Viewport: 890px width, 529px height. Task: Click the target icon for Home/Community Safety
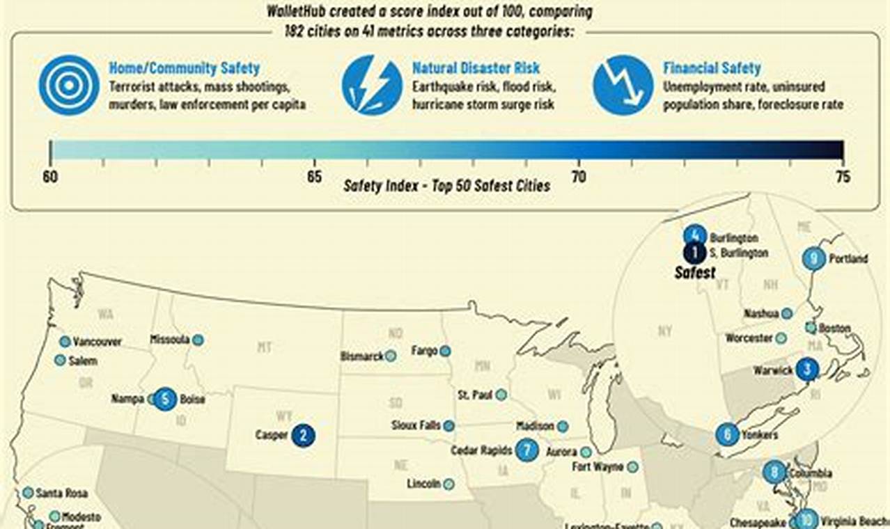coord(69,85)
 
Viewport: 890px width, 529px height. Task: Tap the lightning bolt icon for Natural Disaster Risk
coord(372,85)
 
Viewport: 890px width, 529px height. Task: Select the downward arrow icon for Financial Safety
coord(623,85)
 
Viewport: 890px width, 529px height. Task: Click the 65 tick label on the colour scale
coord(314,177)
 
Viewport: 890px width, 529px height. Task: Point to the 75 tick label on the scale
coord(843,177)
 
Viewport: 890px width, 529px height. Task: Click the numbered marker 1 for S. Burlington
coord(694,253)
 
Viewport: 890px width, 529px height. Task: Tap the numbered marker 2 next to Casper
coord(303,436)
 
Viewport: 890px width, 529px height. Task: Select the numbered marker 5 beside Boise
coord(165,400)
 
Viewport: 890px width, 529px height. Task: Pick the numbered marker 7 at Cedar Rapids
coord(527,450)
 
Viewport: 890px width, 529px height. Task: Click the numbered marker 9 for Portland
coord(813,259)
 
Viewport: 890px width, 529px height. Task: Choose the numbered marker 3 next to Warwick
coord(807,370)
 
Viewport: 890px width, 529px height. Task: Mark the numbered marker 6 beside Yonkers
coord(727,435)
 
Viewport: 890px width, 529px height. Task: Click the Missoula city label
coord(170,340)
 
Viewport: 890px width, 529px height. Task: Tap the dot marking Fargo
coord(445,351)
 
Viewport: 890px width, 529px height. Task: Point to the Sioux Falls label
coord(416,425)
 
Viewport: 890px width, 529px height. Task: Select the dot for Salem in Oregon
coord(60,361)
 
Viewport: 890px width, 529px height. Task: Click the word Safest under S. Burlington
coord(695,273)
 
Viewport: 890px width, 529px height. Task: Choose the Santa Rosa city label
coord(61,494)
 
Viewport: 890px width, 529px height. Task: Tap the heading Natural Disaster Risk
coord(476,68)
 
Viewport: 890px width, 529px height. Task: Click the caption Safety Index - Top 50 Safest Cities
coord(446,186)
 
